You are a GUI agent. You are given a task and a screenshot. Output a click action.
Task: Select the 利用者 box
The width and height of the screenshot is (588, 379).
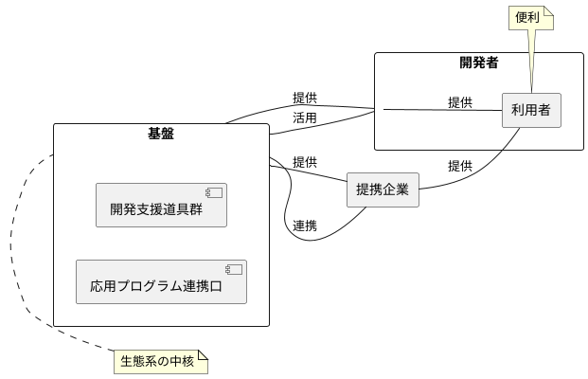(530, 110)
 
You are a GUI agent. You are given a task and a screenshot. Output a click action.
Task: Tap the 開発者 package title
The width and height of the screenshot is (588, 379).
(479, 63)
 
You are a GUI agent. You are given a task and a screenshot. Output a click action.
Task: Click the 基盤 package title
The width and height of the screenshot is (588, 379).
(161, 134)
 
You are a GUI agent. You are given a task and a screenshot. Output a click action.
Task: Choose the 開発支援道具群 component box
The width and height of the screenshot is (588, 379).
(161, 206)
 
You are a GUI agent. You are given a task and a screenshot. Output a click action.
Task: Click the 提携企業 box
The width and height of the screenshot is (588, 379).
(382, 189)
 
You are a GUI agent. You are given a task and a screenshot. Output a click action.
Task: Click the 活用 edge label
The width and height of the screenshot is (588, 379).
(304, 118)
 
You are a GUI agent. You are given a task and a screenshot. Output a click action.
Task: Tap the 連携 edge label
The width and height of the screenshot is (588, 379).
(304, 226)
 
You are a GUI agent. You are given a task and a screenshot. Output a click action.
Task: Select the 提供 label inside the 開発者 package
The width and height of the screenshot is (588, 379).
(460, 102)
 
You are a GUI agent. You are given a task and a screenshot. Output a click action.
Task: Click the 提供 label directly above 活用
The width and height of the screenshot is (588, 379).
(304, 97)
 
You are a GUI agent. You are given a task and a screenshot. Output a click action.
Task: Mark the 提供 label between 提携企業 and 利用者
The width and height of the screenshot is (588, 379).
(460, 166)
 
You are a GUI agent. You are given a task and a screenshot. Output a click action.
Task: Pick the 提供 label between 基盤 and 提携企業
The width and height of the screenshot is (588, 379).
(304, 162)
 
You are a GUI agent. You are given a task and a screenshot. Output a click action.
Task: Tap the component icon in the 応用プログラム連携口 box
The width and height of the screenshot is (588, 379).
(233, 270)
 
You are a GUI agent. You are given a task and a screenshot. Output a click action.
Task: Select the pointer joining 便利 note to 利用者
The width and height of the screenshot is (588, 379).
(531, 62)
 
